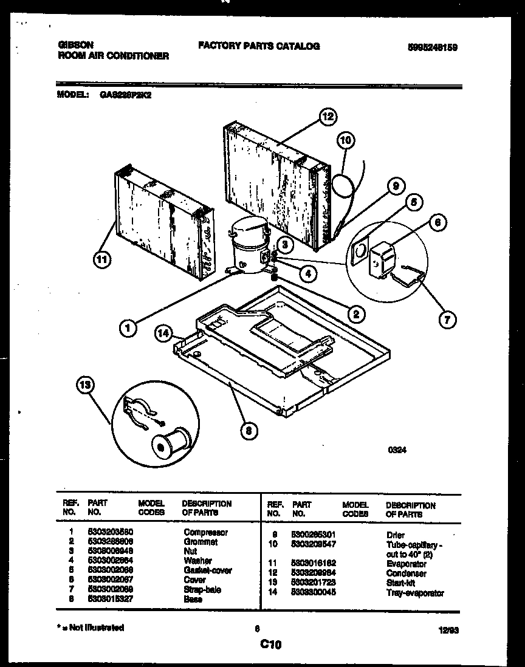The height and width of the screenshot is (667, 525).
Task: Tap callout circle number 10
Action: tap(345, 141)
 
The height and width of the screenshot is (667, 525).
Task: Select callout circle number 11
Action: tap(103, 260)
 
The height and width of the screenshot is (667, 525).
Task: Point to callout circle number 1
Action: tap(128, 329)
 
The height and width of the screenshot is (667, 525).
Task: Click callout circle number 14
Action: tap(162, 333)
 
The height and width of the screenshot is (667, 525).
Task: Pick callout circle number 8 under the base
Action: tap(248, 431)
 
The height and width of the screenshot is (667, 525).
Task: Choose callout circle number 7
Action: tap(447, 320)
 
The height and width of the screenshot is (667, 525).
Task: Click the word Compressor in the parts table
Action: tap(205, 532)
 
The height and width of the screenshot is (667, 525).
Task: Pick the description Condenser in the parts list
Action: tap(406, 573)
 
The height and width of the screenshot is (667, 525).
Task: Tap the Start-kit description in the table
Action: tap(400, 583)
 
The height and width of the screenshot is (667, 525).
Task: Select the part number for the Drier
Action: tap(314, 535)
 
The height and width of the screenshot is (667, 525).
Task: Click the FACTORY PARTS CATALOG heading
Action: tap(259, 46)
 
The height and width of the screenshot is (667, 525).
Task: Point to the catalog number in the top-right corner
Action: tap(433, 47)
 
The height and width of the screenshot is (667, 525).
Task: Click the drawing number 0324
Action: tap(397, 450)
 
